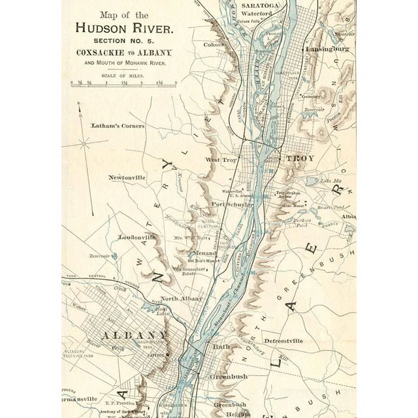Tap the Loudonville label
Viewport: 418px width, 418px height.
[x=137, y=237]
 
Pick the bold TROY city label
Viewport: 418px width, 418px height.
[x=300, y=158]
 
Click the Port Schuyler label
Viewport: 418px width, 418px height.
[x=227, y=204]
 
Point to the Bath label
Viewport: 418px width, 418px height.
[x=218, y=347]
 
